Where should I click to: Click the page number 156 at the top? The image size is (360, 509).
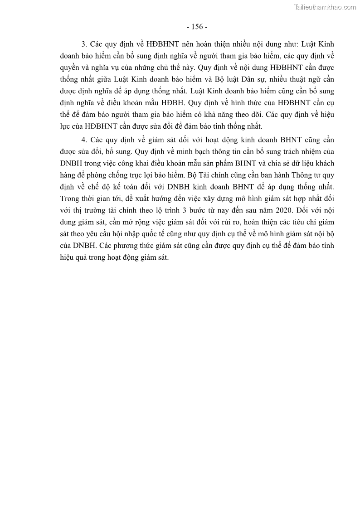click(x=197, y=26)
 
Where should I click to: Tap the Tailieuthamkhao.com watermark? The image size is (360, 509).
click(x=325, y=7)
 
